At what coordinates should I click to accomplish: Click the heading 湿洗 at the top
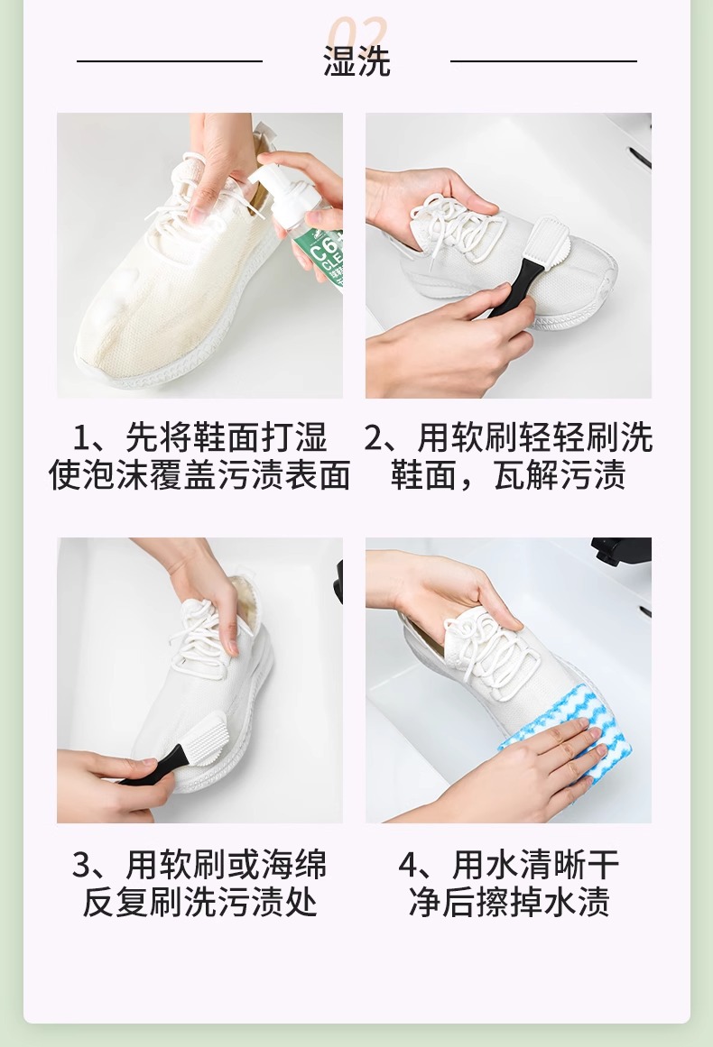(356, 60)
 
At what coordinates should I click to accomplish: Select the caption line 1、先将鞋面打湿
(199, 438)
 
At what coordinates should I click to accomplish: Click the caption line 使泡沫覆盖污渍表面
(199, 475)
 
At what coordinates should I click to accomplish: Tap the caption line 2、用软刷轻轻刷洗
(508, 438)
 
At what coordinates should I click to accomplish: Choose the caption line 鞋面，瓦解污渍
(508, 475)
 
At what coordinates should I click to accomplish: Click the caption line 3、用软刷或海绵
(199, 865)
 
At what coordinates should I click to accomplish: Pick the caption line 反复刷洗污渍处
(199, 902)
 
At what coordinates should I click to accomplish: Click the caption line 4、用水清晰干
(508, 865)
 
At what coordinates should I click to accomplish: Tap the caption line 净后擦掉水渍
(508, 902)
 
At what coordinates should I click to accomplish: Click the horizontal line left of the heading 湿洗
(170, 60)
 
